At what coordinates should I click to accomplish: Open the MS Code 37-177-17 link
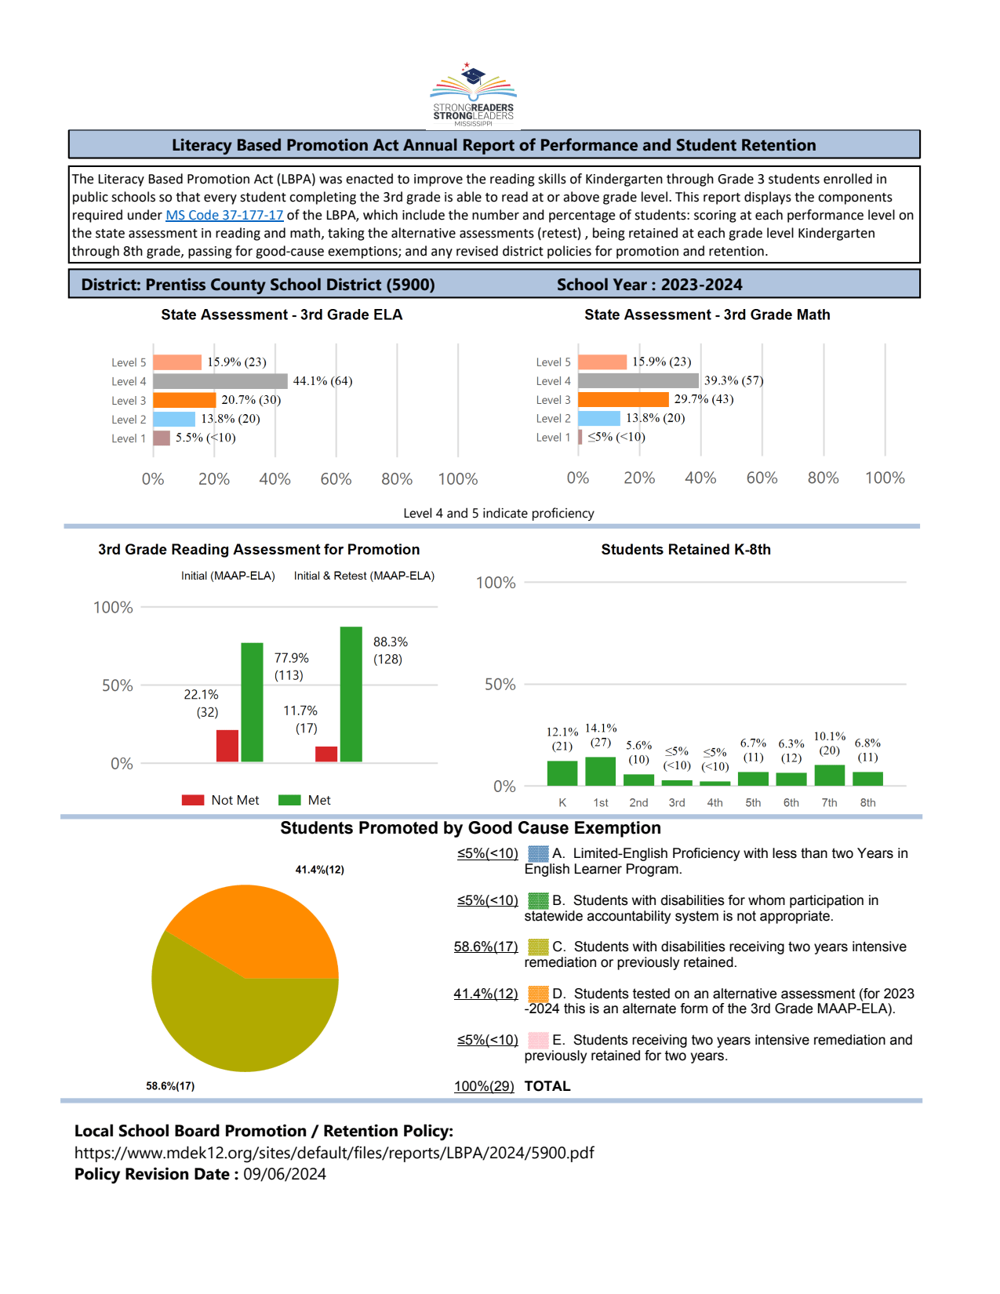pos(224,215)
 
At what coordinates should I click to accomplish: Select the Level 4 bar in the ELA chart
pos(220,381)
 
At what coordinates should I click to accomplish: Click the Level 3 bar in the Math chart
pos(623,399)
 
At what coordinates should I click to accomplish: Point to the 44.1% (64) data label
pos(322,381)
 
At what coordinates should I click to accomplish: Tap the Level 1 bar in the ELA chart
pos(162,438)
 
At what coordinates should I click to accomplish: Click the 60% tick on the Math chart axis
pos(762,478)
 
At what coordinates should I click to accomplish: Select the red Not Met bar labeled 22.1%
pos(227,746)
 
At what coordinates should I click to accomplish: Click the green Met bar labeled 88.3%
pos(351,694)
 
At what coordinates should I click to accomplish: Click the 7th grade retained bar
pos(829,775)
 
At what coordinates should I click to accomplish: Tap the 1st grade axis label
pos(601,802)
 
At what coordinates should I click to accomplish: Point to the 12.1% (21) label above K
pos(562,739)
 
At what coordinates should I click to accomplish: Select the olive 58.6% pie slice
pos(235,1020)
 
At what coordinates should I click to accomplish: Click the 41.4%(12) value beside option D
pos(485,994)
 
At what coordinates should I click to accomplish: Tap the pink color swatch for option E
pos(538,1040)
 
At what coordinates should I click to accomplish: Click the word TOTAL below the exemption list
pos(547,1086)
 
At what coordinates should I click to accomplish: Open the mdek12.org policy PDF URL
pos(334,1153)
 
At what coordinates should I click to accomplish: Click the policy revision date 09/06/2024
pos(284,1174)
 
